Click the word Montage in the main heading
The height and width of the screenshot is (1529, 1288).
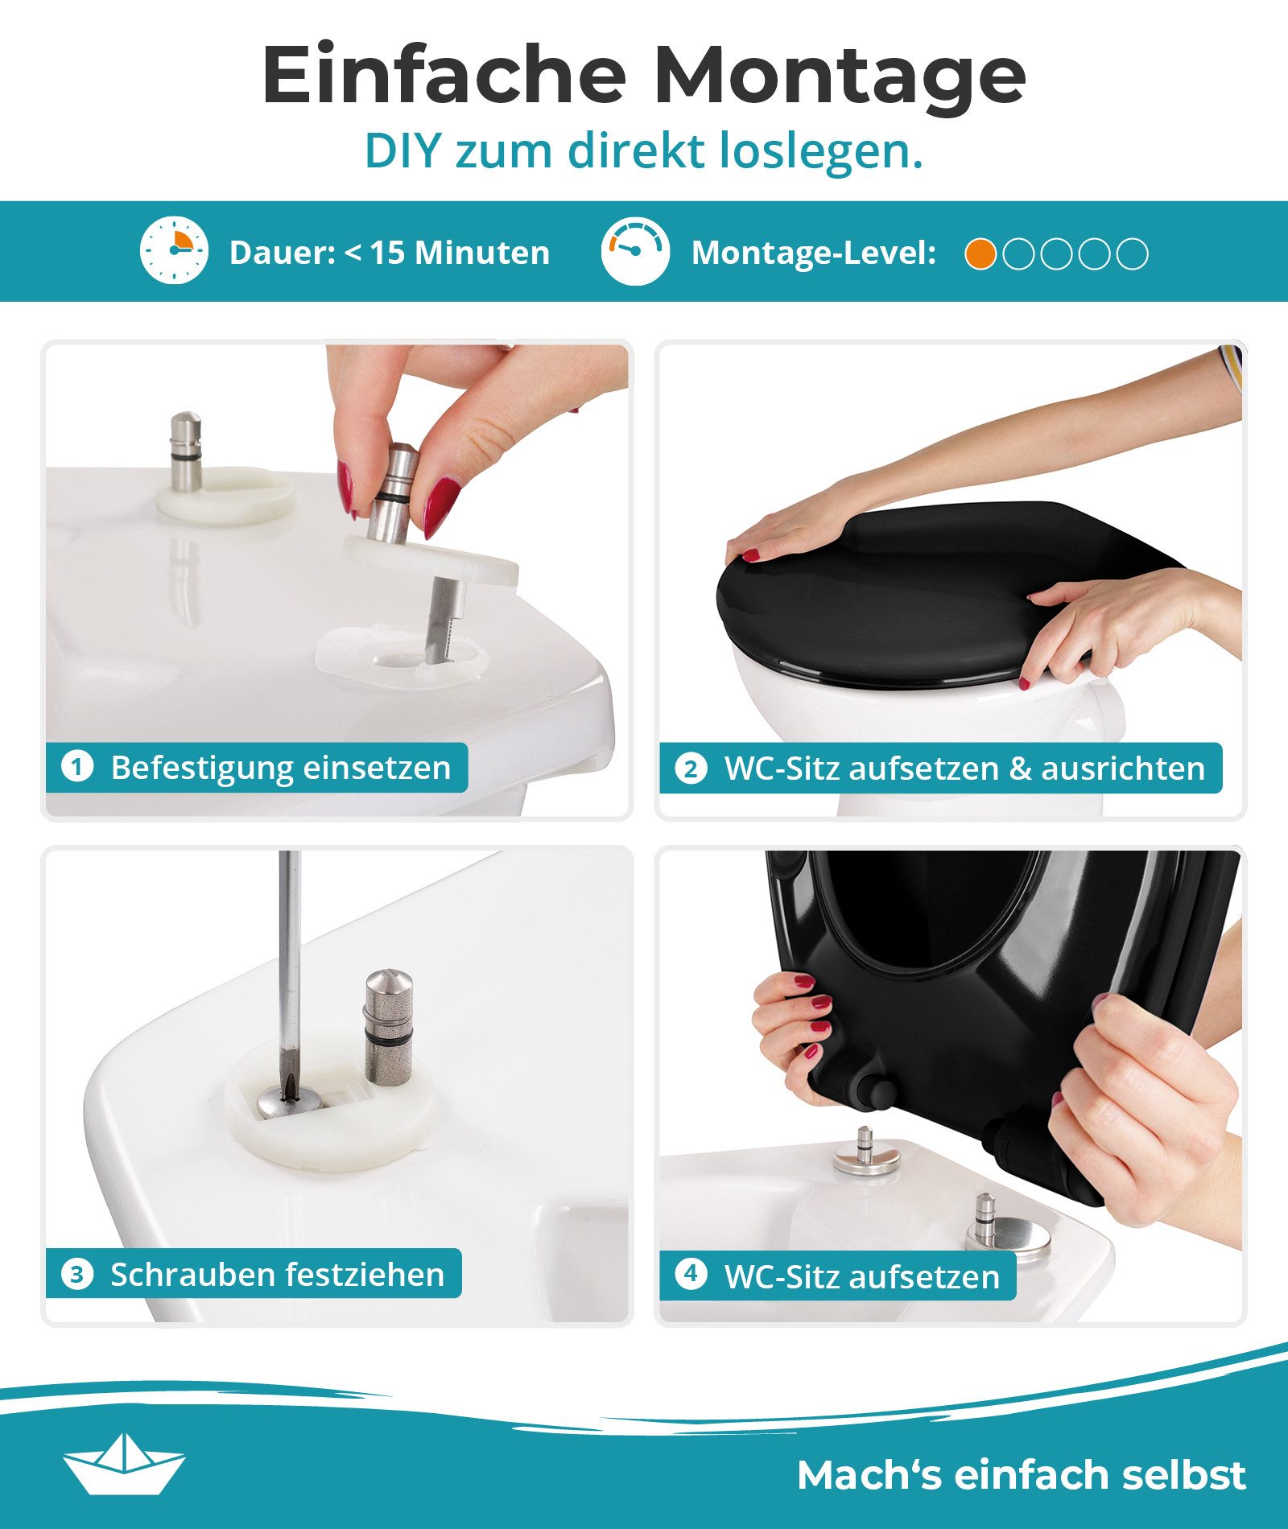pyautogui.click(x=839, y=76)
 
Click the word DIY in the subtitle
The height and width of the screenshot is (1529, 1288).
pyautogui.click(x=402, y=150)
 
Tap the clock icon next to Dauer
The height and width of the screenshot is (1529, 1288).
pyautogui.click(x=174, y=250)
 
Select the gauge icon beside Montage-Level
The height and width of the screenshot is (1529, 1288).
pyautogui.click(x=634, y=250)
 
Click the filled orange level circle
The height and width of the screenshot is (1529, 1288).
pyautogui.click(x=980, y=254)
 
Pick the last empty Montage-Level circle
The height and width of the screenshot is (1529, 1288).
pyautogui.click(x=1133, y=254)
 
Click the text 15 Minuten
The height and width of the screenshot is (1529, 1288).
pyautogui.click(x=460, y=253)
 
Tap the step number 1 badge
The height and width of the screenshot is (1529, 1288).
pyautogui.click(x=77, y=766)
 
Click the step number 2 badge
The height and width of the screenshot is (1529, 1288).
pyautogui.click(x=691, y=768)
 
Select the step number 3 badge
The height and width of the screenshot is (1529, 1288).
pyautogui.click(x=77, y=1274)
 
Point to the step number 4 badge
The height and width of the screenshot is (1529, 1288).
pyautogui.click(x=691, y=1274)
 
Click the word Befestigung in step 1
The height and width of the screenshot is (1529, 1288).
pyautogui.click(x=202, y=768)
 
